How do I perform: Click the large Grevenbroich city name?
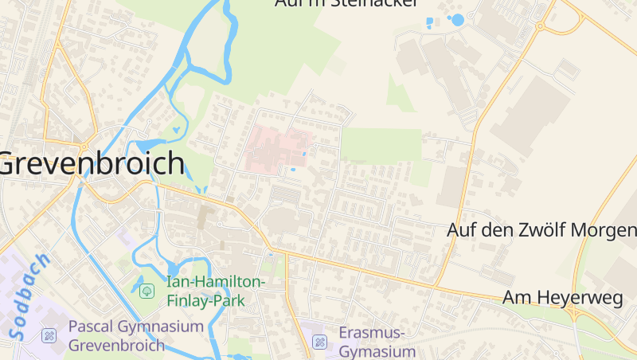click(x=92, y=164)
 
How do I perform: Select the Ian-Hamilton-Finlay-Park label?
click(x=215, y=292)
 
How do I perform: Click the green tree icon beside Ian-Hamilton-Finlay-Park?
click(x=147, y=291)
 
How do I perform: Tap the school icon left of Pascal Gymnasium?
click(x=49, y=335)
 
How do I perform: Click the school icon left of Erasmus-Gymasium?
click(x=320, y=342)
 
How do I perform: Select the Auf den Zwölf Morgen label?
click(x=541, y=230)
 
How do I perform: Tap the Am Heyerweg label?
click(x=562, y=297)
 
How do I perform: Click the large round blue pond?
click(x=456, y=20)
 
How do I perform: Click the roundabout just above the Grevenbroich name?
click(x=84, y=147)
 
